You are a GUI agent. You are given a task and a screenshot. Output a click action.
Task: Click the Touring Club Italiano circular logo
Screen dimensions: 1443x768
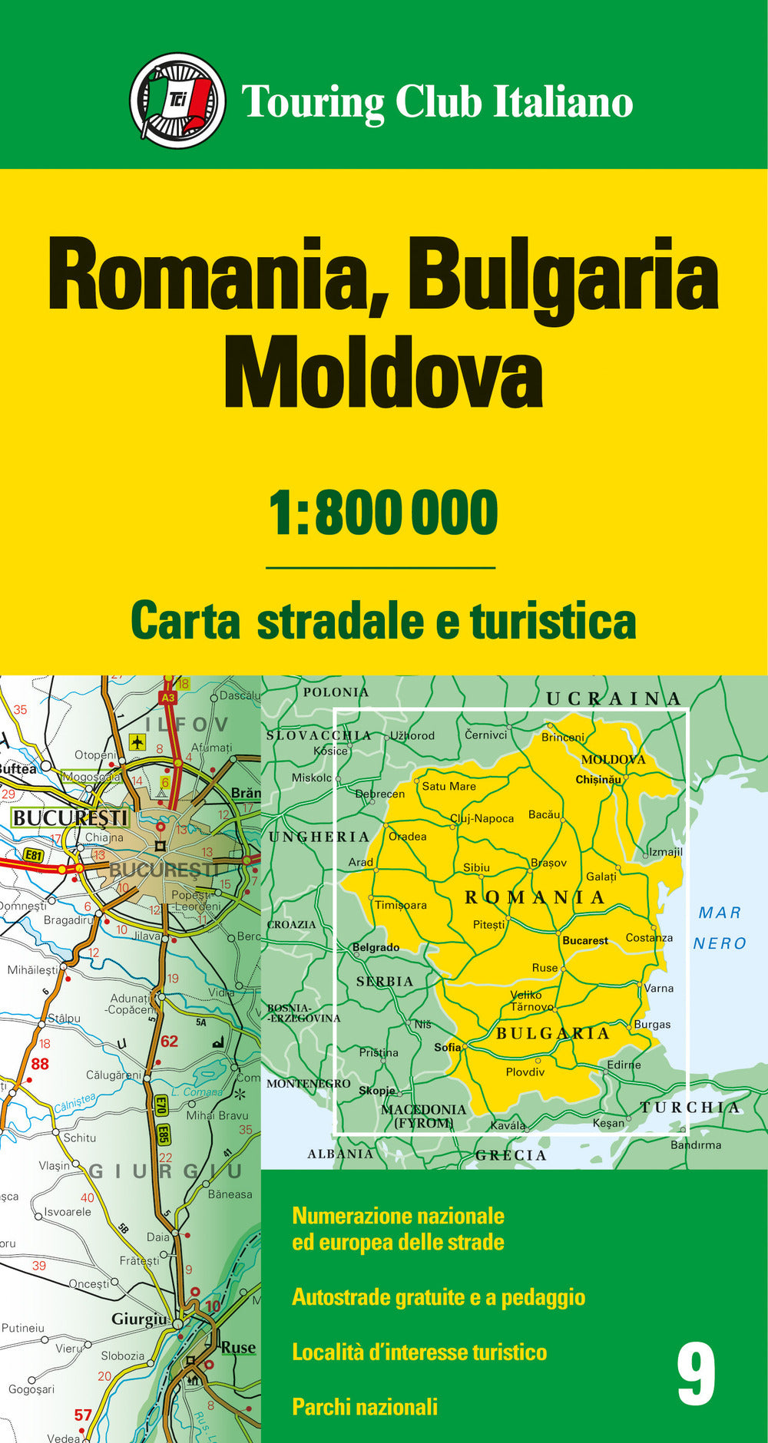(177, 101)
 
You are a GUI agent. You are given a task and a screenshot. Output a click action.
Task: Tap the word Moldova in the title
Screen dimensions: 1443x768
(383, 374)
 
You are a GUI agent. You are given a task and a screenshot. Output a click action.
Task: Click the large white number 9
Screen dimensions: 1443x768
(696, 1375)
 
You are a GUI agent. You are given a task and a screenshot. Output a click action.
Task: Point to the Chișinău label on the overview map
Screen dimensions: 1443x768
(598, 780)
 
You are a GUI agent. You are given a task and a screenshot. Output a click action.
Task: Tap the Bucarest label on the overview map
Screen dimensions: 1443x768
(585, 940)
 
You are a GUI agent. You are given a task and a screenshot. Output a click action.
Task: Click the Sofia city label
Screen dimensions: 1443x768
(448, 1047)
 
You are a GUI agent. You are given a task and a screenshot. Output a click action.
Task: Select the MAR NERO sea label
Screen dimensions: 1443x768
(720, 928)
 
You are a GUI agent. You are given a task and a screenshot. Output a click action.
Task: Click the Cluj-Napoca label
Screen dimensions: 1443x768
(482, 818)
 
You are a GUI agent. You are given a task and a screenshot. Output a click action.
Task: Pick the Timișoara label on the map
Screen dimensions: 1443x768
(401, 905)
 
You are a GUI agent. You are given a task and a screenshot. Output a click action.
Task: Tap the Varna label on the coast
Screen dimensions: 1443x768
(659, 988)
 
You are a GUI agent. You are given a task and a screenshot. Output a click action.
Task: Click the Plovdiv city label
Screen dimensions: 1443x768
(525, 1072)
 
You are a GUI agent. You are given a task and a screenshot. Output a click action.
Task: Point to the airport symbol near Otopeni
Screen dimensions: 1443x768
(137, 741)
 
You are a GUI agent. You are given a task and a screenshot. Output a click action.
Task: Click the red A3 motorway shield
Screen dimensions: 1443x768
(168, 698)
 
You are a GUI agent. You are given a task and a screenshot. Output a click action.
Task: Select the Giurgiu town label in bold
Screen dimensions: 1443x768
(139, 1319)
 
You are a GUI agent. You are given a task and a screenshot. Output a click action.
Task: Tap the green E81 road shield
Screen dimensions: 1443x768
(33, 854)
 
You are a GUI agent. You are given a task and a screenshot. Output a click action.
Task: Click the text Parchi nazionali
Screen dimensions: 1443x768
(365, 1406)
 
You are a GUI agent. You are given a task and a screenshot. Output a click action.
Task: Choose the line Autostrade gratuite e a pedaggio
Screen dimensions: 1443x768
(439, 1296)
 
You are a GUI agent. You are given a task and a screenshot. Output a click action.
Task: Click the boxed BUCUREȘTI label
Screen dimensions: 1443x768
(70, 817)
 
